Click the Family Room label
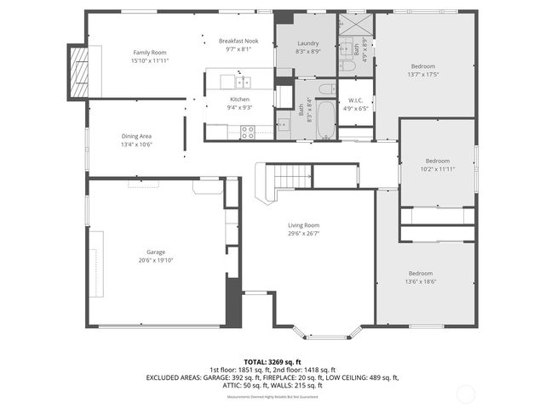[149, 53]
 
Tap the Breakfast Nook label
[238, 41]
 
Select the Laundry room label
[307, 43]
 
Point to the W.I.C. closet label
[356, 99]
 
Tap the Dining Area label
[136, 136]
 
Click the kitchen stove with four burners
[248, 132]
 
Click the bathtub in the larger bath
[325, 120]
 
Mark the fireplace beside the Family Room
[82, 70]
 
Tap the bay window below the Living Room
[322, 331]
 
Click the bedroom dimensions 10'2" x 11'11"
[437, 168]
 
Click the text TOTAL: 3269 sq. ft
[272, 361]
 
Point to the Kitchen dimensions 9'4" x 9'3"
[239, 108]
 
